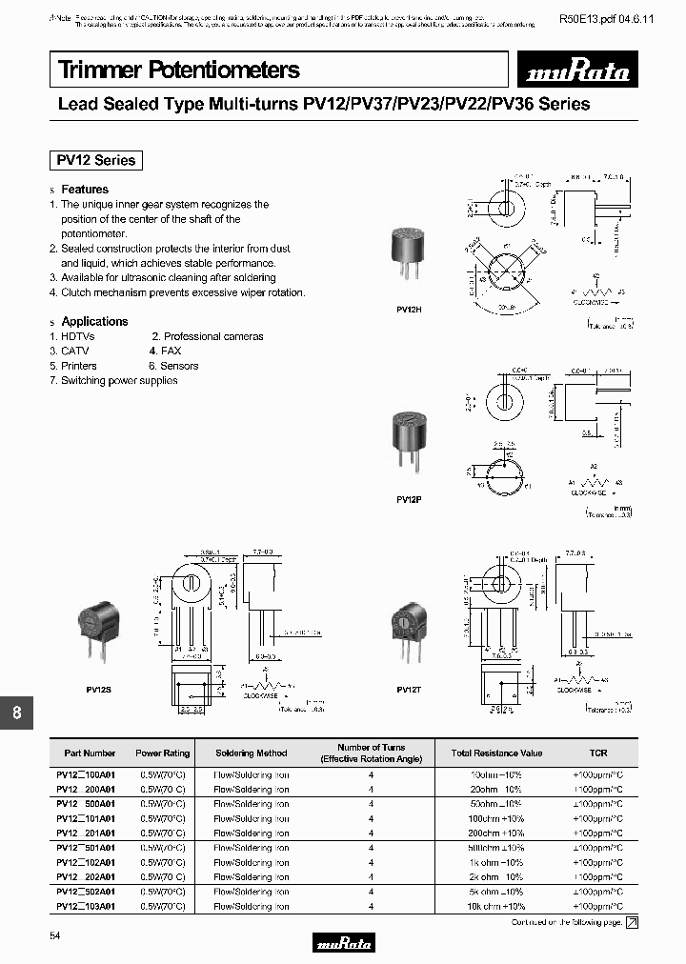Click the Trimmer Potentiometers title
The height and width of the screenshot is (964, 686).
(x=179, y=70)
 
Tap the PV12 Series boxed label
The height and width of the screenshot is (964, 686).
(x=95, y=160)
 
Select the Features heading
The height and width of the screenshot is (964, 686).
(x=85, y=190)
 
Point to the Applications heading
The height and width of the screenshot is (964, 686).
(x=94, y=322)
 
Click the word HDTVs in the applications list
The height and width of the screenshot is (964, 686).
(x=78, y=337)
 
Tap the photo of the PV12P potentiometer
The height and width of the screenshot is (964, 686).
(x=410, y=440)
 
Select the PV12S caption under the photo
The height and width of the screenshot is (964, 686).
(x=93, y=689)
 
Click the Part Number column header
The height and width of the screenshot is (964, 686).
(x=90, y=753)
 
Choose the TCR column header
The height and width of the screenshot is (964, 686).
(x=597, y=753)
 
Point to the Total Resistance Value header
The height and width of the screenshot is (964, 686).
(x=496, y=753)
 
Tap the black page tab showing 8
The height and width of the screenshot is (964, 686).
(x=16, y=713)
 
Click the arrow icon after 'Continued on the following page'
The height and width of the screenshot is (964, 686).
(x=632, y=922)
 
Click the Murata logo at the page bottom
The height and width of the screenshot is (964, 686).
(x=343, y=943)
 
